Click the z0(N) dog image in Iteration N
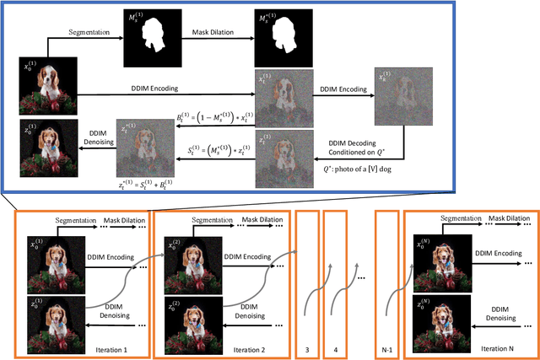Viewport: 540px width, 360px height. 445,321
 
